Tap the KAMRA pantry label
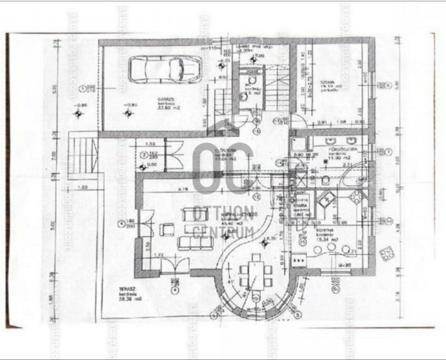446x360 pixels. coord(300,205)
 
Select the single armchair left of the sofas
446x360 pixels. coord(166,230)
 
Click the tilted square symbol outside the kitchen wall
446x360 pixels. coord(387,254)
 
